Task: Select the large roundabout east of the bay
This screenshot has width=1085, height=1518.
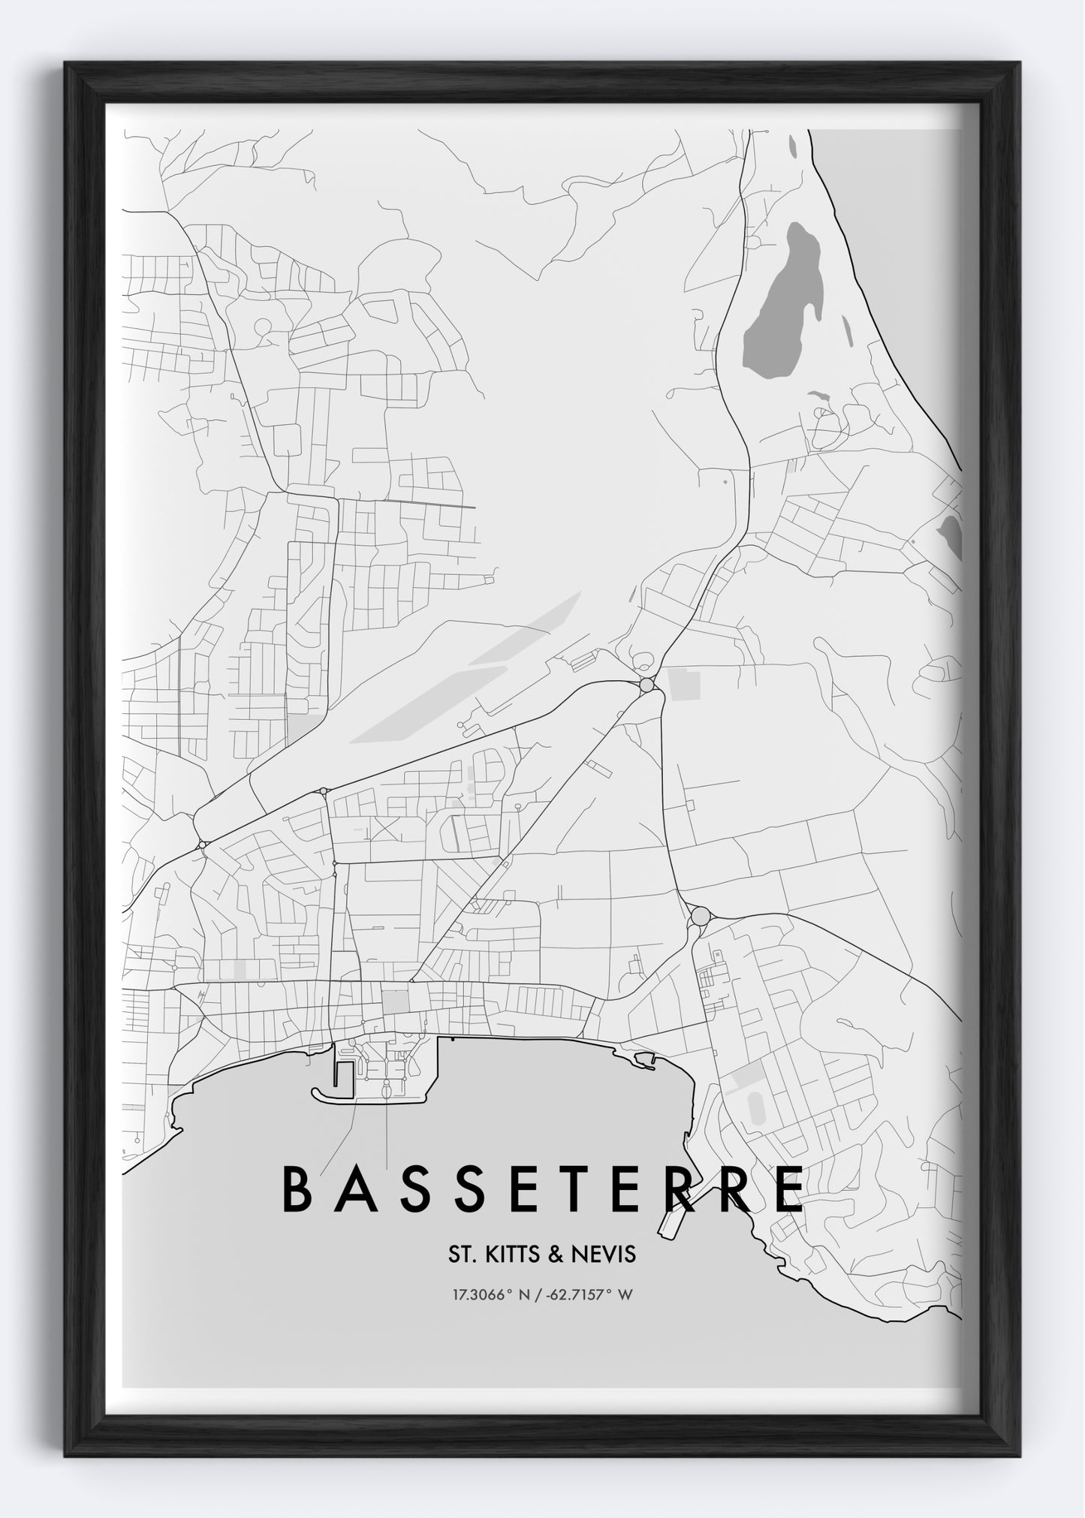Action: point(700,917)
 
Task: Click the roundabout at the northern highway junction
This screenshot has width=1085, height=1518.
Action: point(646,685)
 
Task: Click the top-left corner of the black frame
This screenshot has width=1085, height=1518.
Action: point(68,65)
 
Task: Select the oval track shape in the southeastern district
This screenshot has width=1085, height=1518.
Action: point(756,1108)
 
